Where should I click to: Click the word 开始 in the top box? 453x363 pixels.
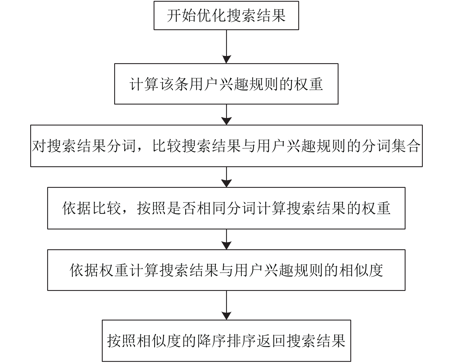point(181,16)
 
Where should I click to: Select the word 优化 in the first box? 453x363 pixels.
point(211,16)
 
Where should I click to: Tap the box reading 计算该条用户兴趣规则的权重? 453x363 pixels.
point(226,84)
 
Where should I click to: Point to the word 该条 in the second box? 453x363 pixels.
point(174,84)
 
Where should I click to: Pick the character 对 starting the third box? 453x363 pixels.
point(39,146)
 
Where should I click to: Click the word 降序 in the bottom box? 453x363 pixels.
point(211,341)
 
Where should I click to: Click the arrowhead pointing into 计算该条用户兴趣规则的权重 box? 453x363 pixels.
point(227,59)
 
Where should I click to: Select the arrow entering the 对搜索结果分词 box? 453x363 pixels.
point(227,115)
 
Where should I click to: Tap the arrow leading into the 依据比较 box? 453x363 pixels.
point(227,177)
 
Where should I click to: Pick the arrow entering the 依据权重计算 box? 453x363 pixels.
point(227,239)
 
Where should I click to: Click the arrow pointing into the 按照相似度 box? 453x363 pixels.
point(227,305)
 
